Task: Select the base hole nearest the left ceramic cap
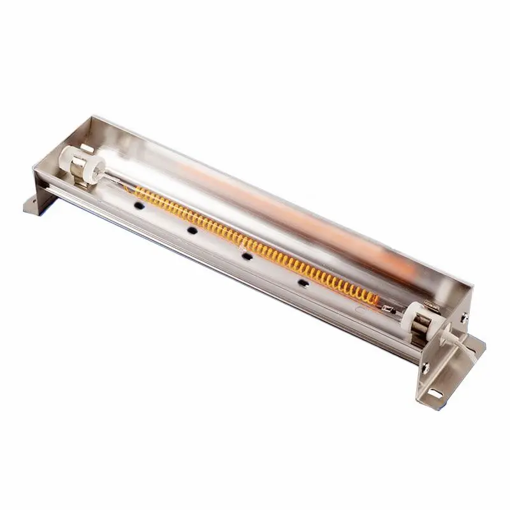coord(136,207)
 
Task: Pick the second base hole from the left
coord(191,229)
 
